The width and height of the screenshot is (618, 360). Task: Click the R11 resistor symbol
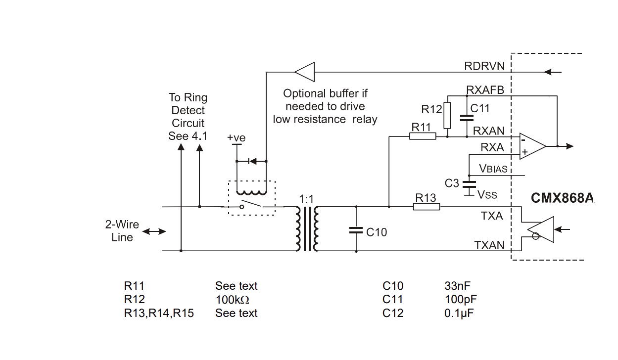pos(423,136)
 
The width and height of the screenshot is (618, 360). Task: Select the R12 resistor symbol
pos(447,116)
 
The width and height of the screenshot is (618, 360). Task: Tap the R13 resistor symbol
pos(427,207)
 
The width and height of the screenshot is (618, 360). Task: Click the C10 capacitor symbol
pos(356,230)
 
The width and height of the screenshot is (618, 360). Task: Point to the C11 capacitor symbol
pos(467,118)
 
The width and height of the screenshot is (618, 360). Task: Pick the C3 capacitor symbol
pos(469,184)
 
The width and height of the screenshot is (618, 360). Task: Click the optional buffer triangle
pos(305,72)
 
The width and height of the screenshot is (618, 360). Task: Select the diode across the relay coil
pos(252,161)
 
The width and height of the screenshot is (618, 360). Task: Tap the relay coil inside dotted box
pos(252,192)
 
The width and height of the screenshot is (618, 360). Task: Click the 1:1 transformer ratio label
pos(306,199)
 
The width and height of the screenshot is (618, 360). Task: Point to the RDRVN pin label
pos(484,66)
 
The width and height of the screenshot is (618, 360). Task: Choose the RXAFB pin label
pos(485,90)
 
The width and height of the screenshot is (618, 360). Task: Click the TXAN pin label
pos(489,245)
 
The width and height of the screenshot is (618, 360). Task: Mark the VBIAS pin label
pos(493,169)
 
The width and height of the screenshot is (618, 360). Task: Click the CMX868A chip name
pos(562,198)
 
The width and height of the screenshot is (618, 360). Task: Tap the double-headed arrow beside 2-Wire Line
pos(154,231)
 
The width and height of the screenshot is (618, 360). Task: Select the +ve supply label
pos(236,137)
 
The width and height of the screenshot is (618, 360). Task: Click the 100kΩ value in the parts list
pos(232,300)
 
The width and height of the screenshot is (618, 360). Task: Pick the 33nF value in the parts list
pos(457,286)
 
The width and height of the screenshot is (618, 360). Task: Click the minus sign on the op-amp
pos(523,140)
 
